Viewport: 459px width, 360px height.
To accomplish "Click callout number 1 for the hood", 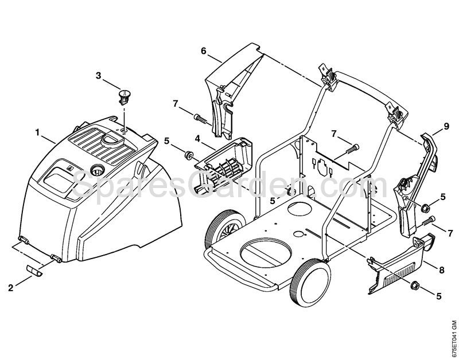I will click(37, 132).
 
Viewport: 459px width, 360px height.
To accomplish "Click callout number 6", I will click(203, 51).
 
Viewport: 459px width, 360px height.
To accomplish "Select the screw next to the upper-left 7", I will click(200, 119).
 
